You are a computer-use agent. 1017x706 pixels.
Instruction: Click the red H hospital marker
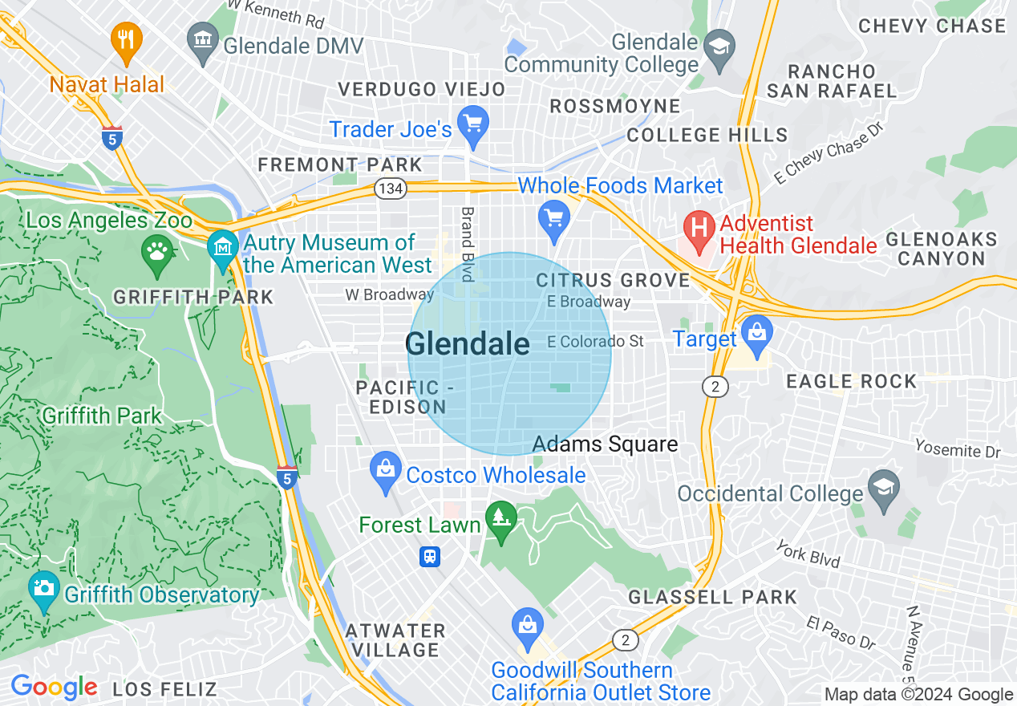(x=699, y=226)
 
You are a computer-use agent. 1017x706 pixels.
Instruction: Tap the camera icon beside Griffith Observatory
(x=44, y=588)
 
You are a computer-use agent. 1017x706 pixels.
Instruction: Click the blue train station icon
(x=431, y=556)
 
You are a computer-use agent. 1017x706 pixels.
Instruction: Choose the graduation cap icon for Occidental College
(x=885, y=489)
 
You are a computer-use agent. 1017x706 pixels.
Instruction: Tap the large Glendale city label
(x=468, y=344)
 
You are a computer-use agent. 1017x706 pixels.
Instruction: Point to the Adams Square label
(x=605, y=444)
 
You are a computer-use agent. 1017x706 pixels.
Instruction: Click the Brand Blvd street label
(x=467, y=244)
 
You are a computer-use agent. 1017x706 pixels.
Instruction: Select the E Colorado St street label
(x=595, y=342)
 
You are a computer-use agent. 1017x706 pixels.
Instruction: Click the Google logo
(x=54, y=688)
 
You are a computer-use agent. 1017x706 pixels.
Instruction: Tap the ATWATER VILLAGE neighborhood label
(x=395, y=640)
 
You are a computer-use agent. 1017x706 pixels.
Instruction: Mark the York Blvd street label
(x=808, y=554)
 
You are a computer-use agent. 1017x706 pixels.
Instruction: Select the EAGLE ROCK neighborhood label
(x=851, y=381)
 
